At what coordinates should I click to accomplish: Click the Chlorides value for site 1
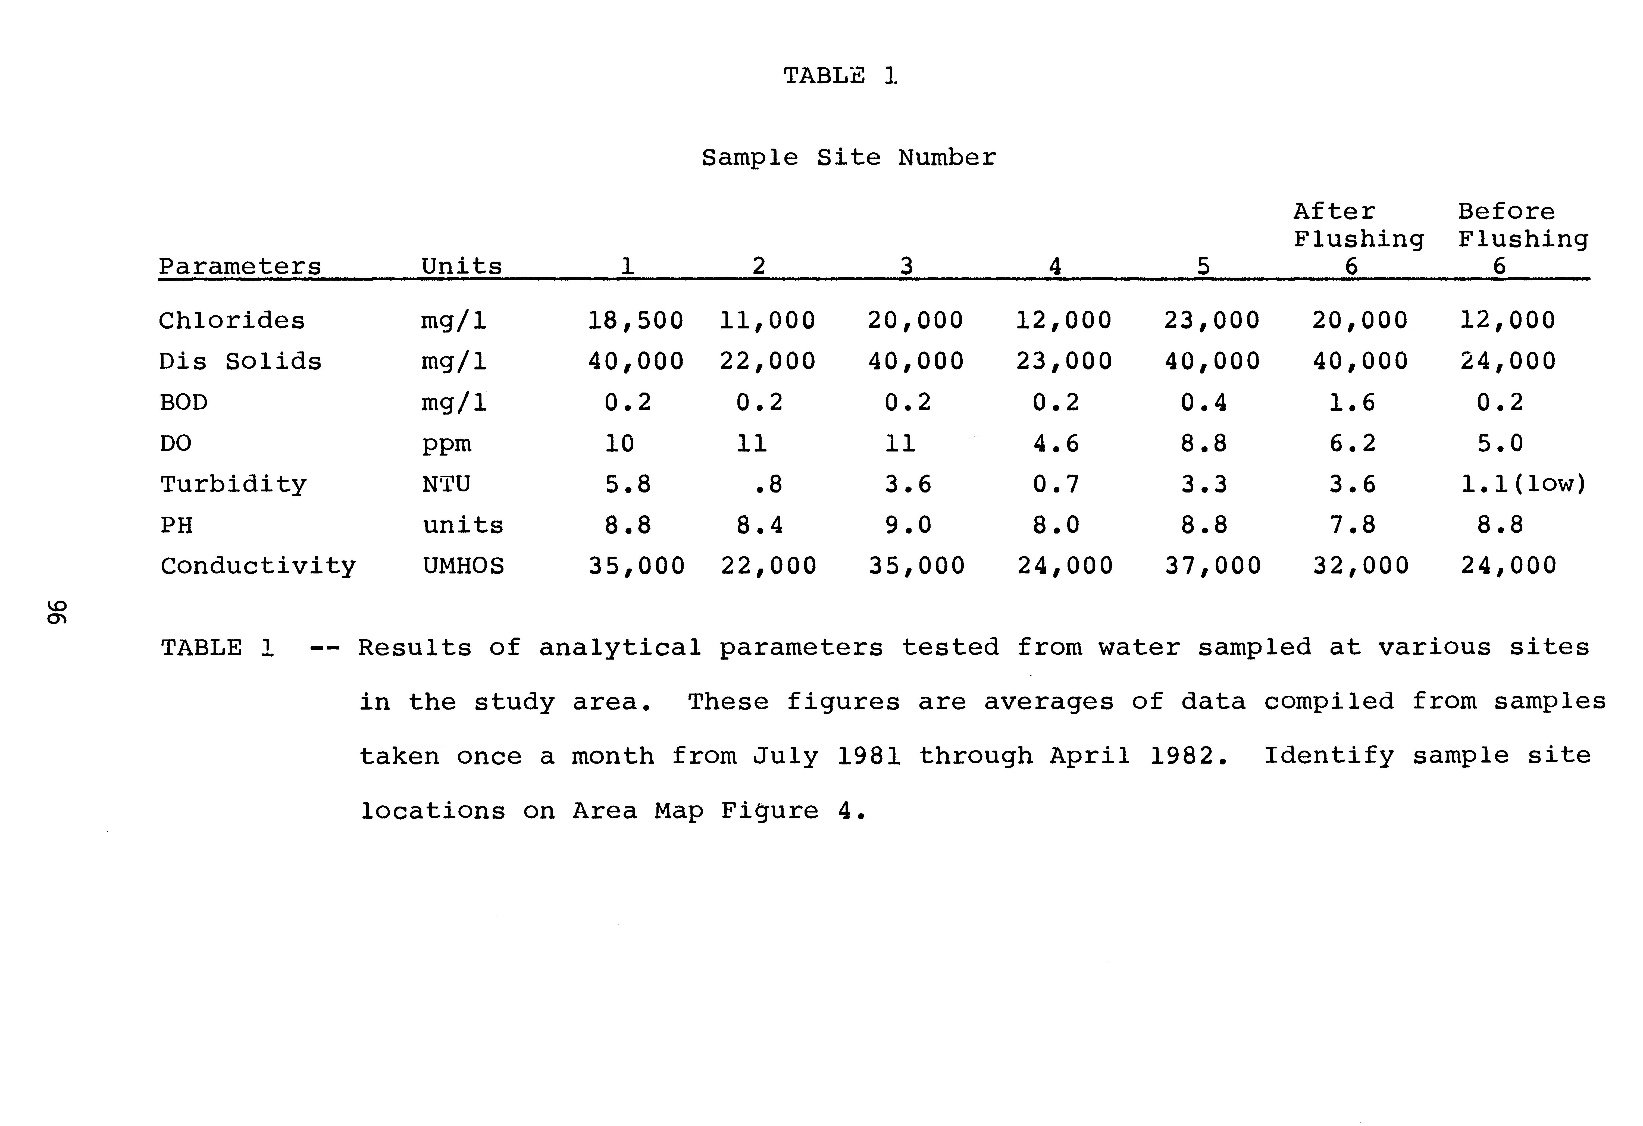click(x=636, y=321)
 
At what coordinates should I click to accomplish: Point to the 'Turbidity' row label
click(x=233, y=485)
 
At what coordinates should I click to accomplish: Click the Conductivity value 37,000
click(x=1212, y=566)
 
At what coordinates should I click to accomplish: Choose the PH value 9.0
click(x=908, y=525)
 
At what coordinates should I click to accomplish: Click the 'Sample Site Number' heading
click(x=848, y=158)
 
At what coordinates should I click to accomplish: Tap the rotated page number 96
click(x=57, y=612)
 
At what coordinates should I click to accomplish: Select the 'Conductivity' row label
click(x=258, y=566)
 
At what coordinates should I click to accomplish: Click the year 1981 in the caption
click(x=869, y=756)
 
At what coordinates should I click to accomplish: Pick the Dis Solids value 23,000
click(x=1064, y=362)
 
